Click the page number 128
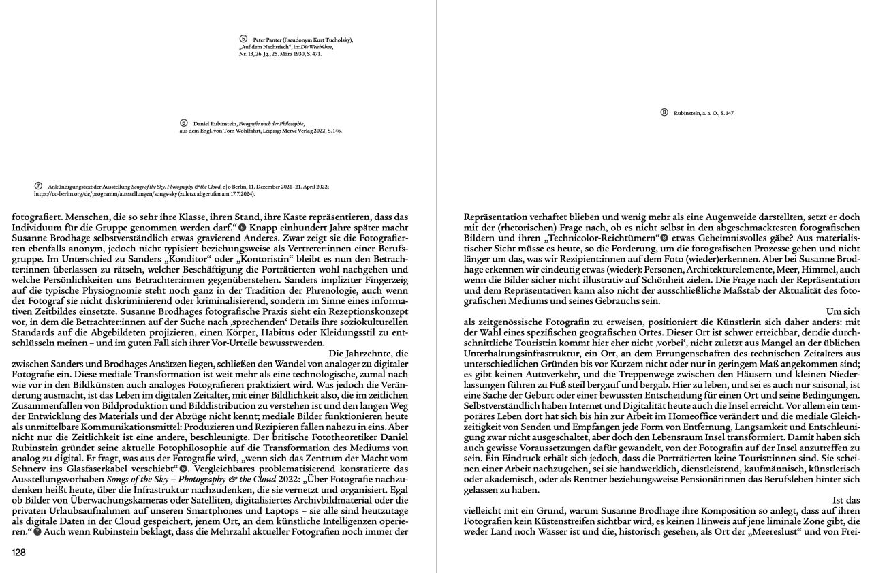(19, 553)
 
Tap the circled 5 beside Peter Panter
(243, 40)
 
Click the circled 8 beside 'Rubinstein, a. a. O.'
(664, 112)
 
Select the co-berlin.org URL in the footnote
(99, 193)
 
